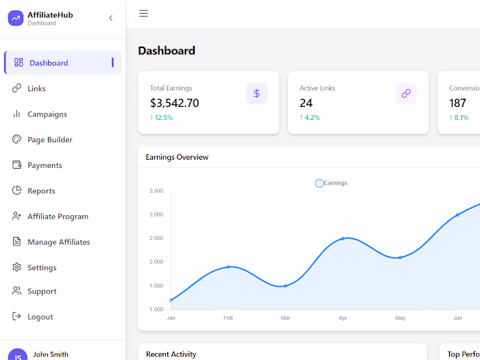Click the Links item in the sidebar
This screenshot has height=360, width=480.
click(36, 88)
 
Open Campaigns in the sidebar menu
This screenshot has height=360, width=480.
click(47, 114)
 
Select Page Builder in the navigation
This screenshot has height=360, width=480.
click(49, 140)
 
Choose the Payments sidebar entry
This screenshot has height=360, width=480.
click(45, 165)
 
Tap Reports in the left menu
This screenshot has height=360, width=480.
click(41, 191)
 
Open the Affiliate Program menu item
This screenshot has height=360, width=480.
click(58, 217)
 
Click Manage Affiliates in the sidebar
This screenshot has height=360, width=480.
click(58, 242)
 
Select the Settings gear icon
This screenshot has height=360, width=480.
click(16, 267)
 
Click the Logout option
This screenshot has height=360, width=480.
click(40, 317)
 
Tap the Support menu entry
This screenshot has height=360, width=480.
click(42, 291)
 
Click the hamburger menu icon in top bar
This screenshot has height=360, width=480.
click(143, 14)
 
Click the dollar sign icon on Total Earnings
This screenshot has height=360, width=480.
click(256, 93)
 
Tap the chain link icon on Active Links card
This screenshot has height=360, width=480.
click(406, 93)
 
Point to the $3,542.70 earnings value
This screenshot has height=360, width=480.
click(174, 104)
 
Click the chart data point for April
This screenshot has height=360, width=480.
click(343, 239)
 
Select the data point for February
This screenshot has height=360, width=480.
click(228, 267)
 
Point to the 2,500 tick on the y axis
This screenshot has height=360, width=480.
click(156, 238)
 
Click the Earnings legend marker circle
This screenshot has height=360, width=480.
click(320, 183)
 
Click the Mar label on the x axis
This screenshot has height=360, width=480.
click(285, 318)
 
